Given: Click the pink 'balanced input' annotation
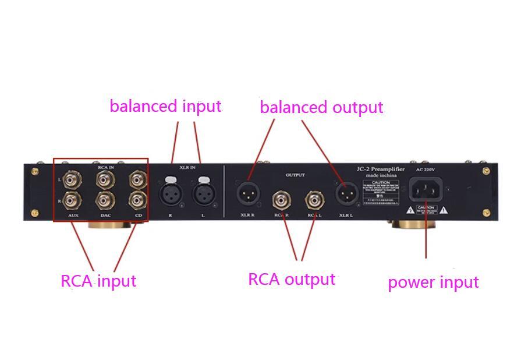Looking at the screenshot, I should [x=165, y=107].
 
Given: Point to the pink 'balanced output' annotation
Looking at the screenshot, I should [x=321, y=108].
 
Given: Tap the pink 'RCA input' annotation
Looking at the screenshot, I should [x=98, y=281].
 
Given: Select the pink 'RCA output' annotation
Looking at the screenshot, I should [x=292, y=280].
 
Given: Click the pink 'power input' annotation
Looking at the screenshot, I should [x=433, y=283].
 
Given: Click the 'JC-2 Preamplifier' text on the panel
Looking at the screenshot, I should [x=381, y=168].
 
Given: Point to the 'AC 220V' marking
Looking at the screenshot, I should [x=426, y=170].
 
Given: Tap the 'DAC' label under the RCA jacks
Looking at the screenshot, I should [x=105, y=216].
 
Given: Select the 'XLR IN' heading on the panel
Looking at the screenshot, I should [x=187, y=168].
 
